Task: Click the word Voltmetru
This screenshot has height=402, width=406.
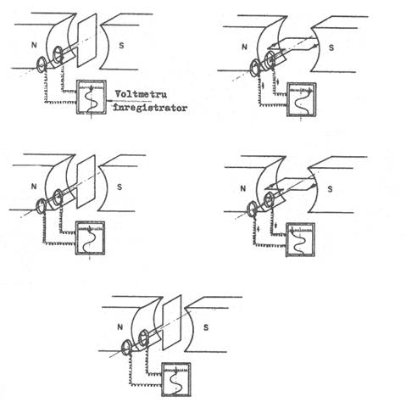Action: [141, 94]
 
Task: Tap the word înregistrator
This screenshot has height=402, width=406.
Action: [150, 108]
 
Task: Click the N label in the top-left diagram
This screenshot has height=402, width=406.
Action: [34, 45]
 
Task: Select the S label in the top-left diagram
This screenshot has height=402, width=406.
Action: [121, 46]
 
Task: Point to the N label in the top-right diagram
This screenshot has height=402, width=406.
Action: [244, 47]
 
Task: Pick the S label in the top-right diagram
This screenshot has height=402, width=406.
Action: [331, 47]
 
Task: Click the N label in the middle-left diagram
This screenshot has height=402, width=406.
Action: [34, 187]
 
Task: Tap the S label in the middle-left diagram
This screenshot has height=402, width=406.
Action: [120, 187]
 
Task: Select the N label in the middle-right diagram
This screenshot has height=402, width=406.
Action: [243, 188]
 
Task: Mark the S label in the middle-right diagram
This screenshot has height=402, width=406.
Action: [330, 189]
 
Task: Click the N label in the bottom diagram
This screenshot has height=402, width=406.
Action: [120, 327]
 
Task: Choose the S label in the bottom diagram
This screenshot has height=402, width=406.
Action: [206, 327]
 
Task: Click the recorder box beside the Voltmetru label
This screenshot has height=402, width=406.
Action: [92, 97]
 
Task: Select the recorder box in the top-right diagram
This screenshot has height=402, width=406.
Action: [301, 99]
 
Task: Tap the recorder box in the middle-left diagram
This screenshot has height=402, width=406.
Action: [90, 237]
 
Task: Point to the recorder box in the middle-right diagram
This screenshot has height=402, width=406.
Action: [300, 239]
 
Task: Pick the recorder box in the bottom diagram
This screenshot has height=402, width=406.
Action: [176, 379]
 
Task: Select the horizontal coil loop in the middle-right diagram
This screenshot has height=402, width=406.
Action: [291, 184]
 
